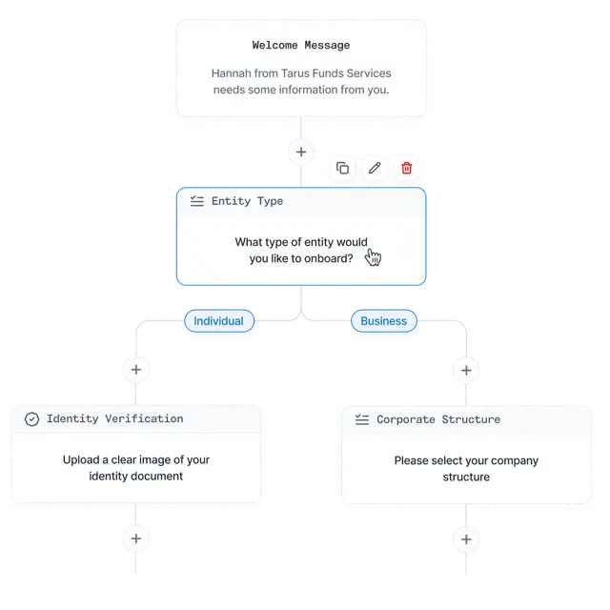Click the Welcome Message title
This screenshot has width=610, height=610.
click(x=301, y=45)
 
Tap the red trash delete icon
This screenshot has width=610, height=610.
click(x=407, y=168)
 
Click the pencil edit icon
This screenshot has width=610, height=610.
click(x=375, y=168)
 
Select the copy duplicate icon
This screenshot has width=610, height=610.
click(x=342, y=168)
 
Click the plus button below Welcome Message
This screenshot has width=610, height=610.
click(x=301, y=152)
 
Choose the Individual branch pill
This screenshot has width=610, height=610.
click(x=219, y=321)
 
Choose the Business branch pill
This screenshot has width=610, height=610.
click(x=383, y=321)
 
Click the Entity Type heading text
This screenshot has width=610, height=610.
click(x=247, y=201)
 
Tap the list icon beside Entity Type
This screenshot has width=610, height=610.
click(x=197, y=201)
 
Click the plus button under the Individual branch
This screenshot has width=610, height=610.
click(x=135, y=370)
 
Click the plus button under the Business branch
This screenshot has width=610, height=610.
click(x=466, y=371)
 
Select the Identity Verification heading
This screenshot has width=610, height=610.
click(x=114, y=418)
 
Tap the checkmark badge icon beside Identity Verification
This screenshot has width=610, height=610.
click(x=31, y=419)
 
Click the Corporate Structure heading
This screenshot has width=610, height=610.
click(x=438, y=419)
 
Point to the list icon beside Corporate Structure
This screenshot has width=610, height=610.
click(x=362, y=419)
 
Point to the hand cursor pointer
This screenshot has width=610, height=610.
click(x=373, y=257)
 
